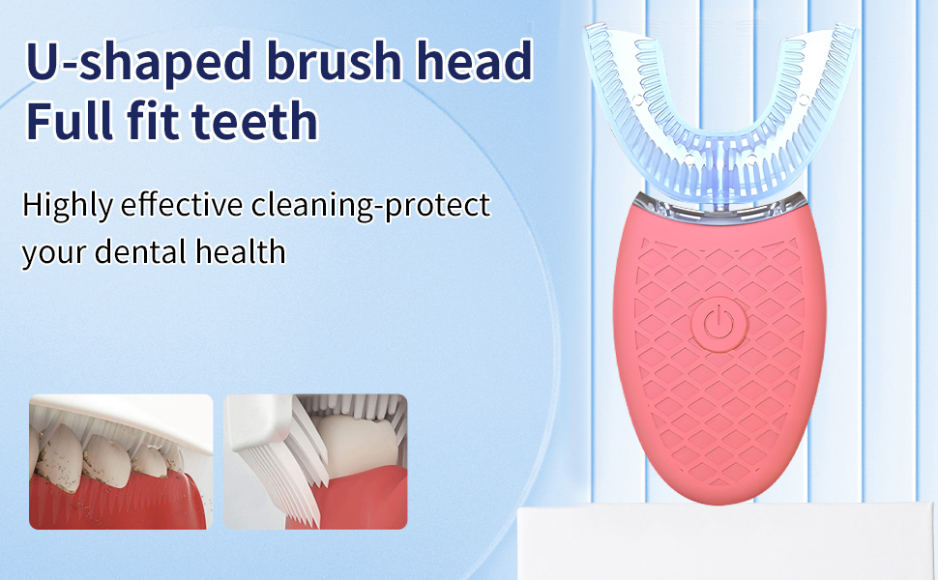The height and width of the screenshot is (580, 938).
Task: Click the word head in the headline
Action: pyautogui.click(x=479, y=62)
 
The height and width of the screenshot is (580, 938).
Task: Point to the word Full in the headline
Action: pyautogui.click(x=71, y=121)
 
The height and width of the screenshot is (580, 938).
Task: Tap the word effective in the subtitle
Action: pyautogui.click(x=189, y=205)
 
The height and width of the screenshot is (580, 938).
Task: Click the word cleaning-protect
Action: pyautogui.click(x=371, y=206)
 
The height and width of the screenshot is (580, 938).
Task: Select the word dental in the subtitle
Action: pyautogui.click(x=142, y=251)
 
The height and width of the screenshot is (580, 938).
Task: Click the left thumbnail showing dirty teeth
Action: pyautogui.click(x=121, y=461)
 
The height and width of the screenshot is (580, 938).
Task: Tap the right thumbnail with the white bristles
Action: pyautogui.click(x=315, y=461)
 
